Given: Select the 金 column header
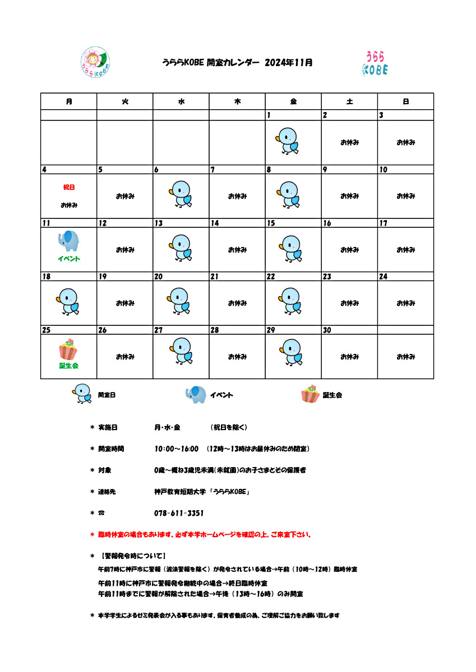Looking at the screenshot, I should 293,101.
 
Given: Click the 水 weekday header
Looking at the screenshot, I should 181,101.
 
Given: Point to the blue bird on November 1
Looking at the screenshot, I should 288,141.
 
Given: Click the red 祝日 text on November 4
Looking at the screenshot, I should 69,187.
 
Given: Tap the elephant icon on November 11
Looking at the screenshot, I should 68,241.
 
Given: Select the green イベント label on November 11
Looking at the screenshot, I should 69,259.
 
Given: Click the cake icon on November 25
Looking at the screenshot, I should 68,349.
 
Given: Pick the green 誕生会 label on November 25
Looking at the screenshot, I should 69,366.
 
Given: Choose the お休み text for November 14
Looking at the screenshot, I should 237,250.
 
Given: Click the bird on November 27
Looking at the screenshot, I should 181,352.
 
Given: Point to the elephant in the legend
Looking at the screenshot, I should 196,395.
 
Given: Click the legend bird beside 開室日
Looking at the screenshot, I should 82,394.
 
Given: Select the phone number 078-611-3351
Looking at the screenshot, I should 178,513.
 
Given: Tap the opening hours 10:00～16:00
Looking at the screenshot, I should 177,449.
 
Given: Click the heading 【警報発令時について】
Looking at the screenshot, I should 132,556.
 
